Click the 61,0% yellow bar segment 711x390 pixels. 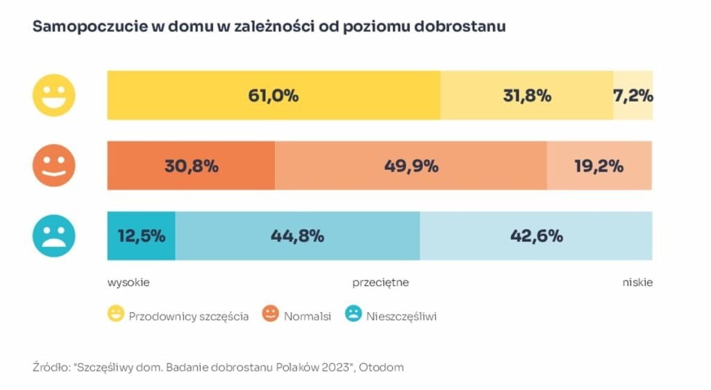pyautogui.click(x=273, y=96)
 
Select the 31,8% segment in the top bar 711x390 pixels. pyautogui.click(x=526, y=96)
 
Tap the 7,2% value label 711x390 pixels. pyautogui.click(x=633, y=96)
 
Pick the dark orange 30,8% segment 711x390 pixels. pyautogui.click(x=191, y=166)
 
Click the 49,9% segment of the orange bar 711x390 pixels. pyautogui.click(x=410, y=166)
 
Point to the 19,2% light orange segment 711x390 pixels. pyautogui.click(x=599, y=166)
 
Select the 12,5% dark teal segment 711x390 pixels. pyautogui.click(x=141, y=236)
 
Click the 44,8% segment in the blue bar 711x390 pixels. pyautogui.click(x=297, y=236)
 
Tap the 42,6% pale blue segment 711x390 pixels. pyautogui.click(x=535, y=236)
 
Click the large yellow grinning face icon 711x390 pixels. pyautogui.click(x=54, y=95)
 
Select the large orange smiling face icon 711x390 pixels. pyautogui.click(x=54, y=166)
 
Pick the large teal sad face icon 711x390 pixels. pyautogui.click(x=54, y=236)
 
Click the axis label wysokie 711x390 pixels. pyautogui.click(x=128, y=282)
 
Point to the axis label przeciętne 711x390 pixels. pyautogui.click(x=380, y=282)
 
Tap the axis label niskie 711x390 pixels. pyautogui.click(x=637, y=282)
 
